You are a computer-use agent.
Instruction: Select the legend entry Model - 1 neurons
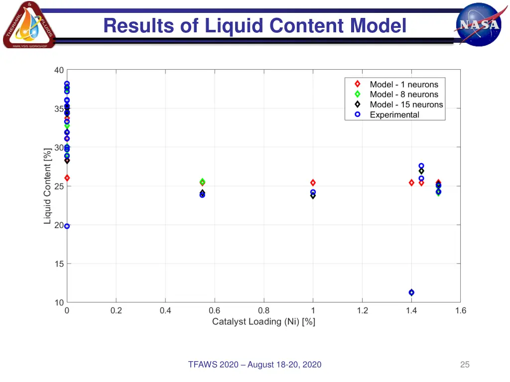pyautogui.click(x=404, y=85)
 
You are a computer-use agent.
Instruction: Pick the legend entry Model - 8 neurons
pyautogui.click(x=404, y=95)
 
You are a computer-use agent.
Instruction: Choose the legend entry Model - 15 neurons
pyautogui.click(x=406, y=104)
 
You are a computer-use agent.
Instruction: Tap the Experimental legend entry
pyautogui.click(x=394, y=114)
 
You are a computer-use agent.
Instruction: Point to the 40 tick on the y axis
pyautogui.click(x=59, y=70)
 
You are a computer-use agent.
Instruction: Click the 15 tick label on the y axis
pyautogui.click(x=59, y=264)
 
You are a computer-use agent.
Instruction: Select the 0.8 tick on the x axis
pyautogui.click(x=263, y=311)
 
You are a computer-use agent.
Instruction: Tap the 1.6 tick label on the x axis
pyautogui.click(x=460, y=311)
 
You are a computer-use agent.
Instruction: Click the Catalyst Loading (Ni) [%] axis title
pyautogui.click(x=263, y=322)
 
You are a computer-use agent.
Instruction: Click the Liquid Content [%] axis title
pyautogui.click(x=48, y=186)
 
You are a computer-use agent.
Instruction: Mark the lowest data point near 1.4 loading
pyautogui.click(x=411, y=292)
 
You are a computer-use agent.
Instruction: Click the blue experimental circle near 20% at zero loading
pyautogui.click(x=67, y=226)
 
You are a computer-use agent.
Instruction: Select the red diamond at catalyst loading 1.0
pyautogui.click(x=313, y=183)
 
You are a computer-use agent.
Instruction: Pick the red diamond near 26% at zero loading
pyautogui.click(x=67, y=178)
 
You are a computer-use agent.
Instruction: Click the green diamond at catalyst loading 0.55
pyautogui.click(x=202, y=181)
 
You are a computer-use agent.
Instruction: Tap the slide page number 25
pyautogui.click(x=465, y=365)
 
